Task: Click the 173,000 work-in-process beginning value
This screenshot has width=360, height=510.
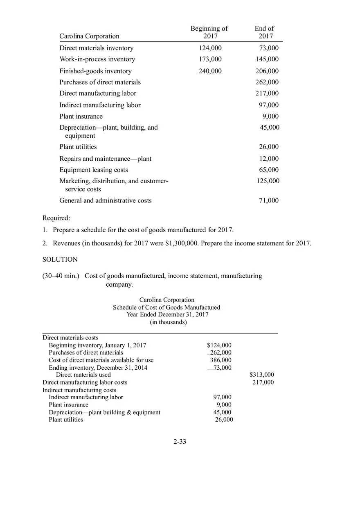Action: [x=210, y=59]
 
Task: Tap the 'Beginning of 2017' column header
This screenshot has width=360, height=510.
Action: [x=209, y=32]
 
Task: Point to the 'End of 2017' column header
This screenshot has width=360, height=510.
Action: [x=265, y=32]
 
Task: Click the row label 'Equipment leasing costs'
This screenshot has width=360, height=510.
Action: [x=94, y=170]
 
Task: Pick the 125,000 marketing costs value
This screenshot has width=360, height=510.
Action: [x=268, y=181]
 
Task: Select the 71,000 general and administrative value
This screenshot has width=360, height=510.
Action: [x=269, y=200]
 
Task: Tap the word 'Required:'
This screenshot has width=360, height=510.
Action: [x=56, y=218]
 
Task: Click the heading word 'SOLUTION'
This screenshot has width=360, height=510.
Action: [x=60, y=260]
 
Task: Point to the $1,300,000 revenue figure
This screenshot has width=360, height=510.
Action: [x=182, y=243]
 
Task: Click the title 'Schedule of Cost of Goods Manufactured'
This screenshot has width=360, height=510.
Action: [x=166, y=307]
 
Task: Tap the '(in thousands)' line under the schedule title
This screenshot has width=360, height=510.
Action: [x=168, y=322]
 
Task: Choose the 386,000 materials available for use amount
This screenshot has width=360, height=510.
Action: [x=220, y=360]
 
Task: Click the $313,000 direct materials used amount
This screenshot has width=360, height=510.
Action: [x=262, y=375]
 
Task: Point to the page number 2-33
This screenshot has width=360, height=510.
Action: [x=180, y=442]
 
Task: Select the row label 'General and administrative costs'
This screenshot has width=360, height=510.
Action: [x=106, y=200]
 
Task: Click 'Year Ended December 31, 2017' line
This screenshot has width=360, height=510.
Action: [x=167, y=315]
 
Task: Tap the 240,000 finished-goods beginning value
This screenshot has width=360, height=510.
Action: [x=210, y=71]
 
